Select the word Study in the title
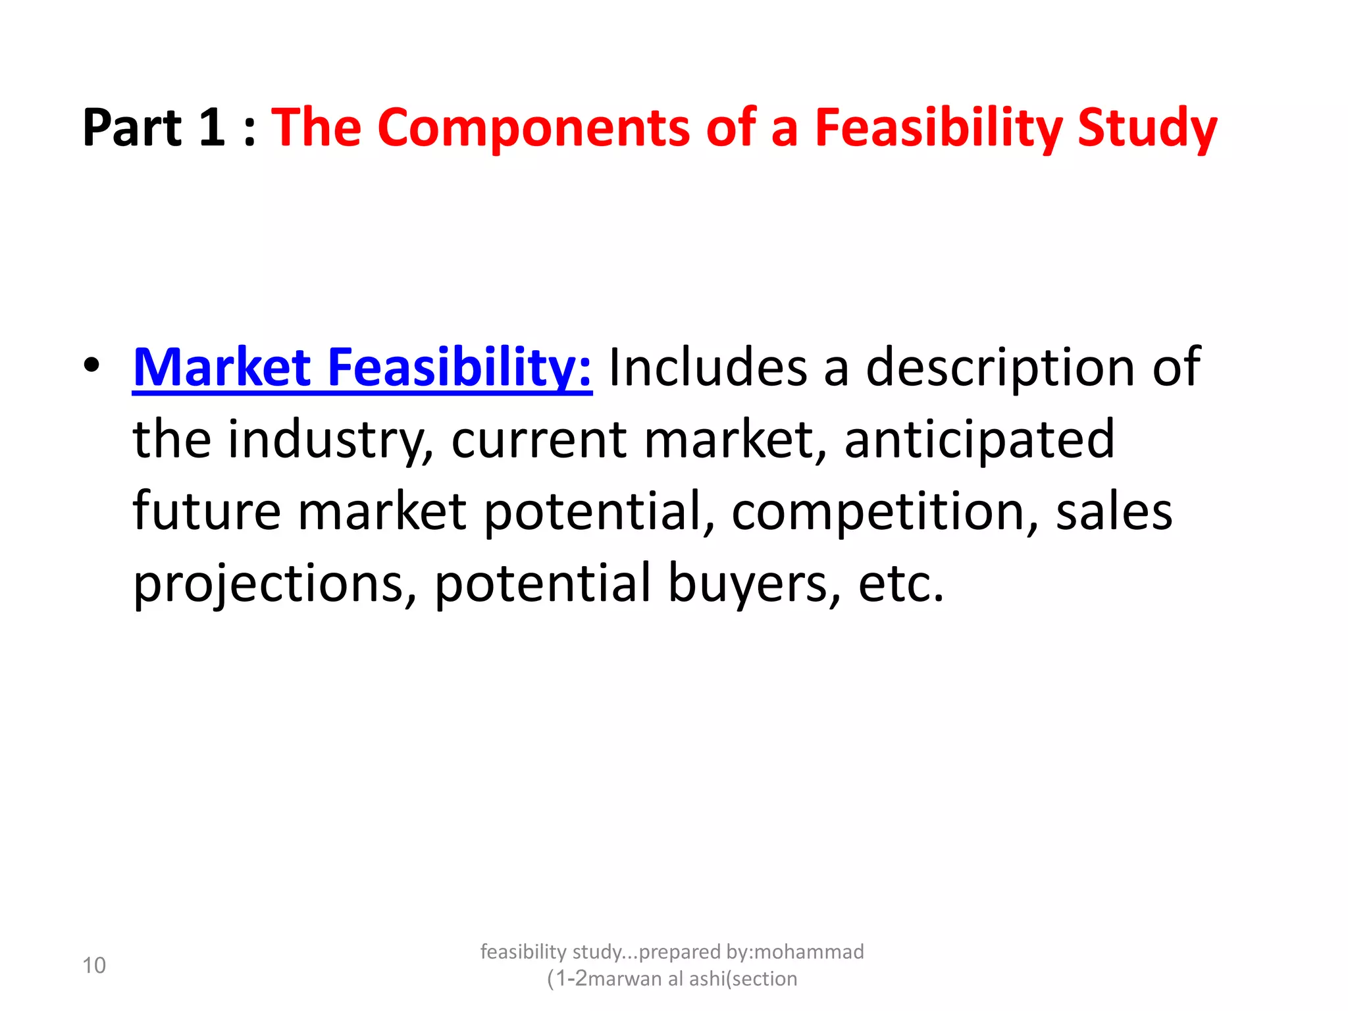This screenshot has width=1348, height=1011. (1147, 128)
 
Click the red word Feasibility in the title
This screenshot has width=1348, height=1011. (937, 128)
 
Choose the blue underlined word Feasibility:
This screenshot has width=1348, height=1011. (459, 369)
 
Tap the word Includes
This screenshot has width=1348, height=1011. (708, 367)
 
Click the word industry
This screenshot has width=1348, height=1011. (330, 440)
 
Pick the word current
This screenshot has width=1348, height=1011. (538, 440)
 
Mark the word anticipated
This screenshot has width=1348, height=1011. (979, 440)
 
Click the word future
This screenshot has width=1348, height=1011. (207, 511)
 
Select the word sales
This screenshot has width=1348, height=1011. (1114, 511)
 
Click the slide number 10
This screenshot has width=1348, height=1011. (94, 966)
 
